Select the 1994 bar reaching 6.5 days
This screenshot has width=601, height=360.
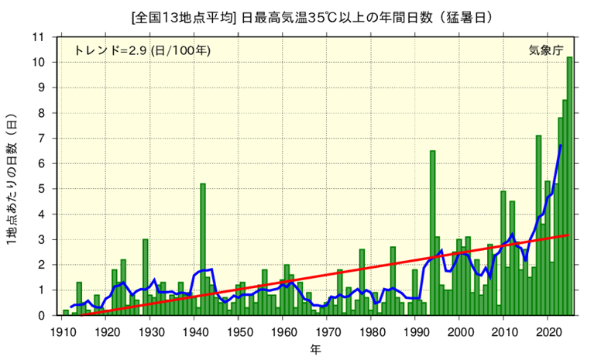[x=432, y=233]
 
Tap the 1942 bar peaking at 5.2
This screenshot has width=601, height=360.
[x=203, y=249]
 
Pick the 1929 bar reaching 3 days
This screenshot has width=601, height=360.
[x=146, y=277]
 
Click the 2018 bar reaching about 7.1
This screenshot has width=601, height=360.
[x=538, y=225]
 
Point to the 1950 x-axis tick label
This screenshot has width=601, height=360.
[x=238, y=331]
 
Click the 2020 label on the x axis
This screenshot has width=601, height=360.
[x=548, y=331]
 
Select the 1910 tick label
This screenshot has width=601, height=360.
[x=61, y=331]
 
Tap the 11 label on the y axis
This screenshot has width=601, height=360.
[x=39, y=37]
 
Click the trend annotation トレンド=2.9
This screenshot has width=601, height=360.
[x=110, y=50]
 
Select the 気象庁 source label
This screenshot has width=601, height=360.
[x=546, y=50]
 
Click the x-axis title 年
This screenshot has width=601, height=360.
[x=315, y=349]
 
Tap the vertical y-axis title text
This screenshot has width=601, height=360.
[x=12, y=180]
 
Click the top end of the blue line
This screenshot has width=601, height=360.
[x=561, y=145]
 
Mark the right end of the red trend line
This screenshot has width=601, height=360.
[x=568, y=235]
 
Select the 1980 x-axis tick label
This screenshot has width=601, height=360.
[x=371, y=331]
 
